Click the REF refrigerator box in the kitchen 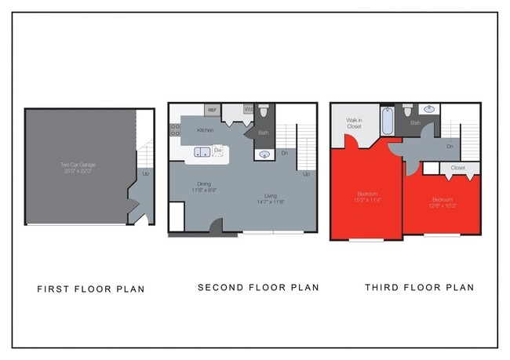click(212, 111)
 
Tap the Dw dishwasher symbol click(218, 150)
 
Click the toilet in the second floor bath click(264, 112)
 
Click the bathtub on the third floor click(387, 121)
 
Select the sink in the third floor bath click(429, 110)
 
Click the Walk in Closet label click(354, 123)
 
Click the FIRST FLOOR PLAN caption click(91, 289)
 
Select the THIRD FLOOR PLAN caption click(419, 288)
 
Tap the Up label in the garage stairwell click(146, 173)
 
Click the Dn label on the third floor click(450, 146)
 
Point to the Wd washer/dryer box click(248, 110)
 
